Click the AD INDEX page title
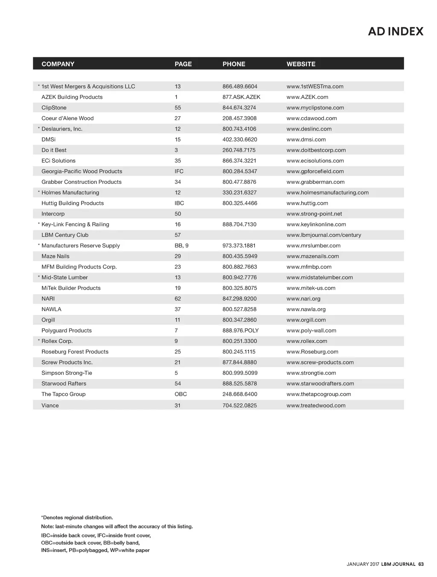[396, 32]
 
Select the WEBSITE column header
[301, 64]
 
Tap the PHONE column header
[234, 64]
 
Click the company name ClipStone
[54, 108]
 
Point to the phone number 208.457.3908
[239, 118]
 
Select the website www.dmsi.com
[306, 140]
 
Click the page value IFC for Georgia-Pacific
[179, 171]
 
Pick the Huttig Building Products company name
[73, 203]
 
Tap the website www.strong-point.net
[314, 214]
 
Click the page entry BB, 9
[181, 246]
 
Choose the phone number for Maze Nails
[240, 256]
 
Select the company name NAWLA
[51, 309]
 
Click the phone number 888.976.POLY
[240, 331]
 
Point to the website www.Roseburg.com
[312, 352]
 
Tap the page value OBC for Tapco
[181, 394]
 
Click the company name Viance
[50, 406]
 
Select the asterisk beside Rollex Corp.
[39, 341]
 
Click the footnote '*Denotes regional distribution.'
[77, 518]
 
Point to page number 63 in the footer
[421, 564]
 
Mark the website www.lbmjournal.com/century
[323, 235]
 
